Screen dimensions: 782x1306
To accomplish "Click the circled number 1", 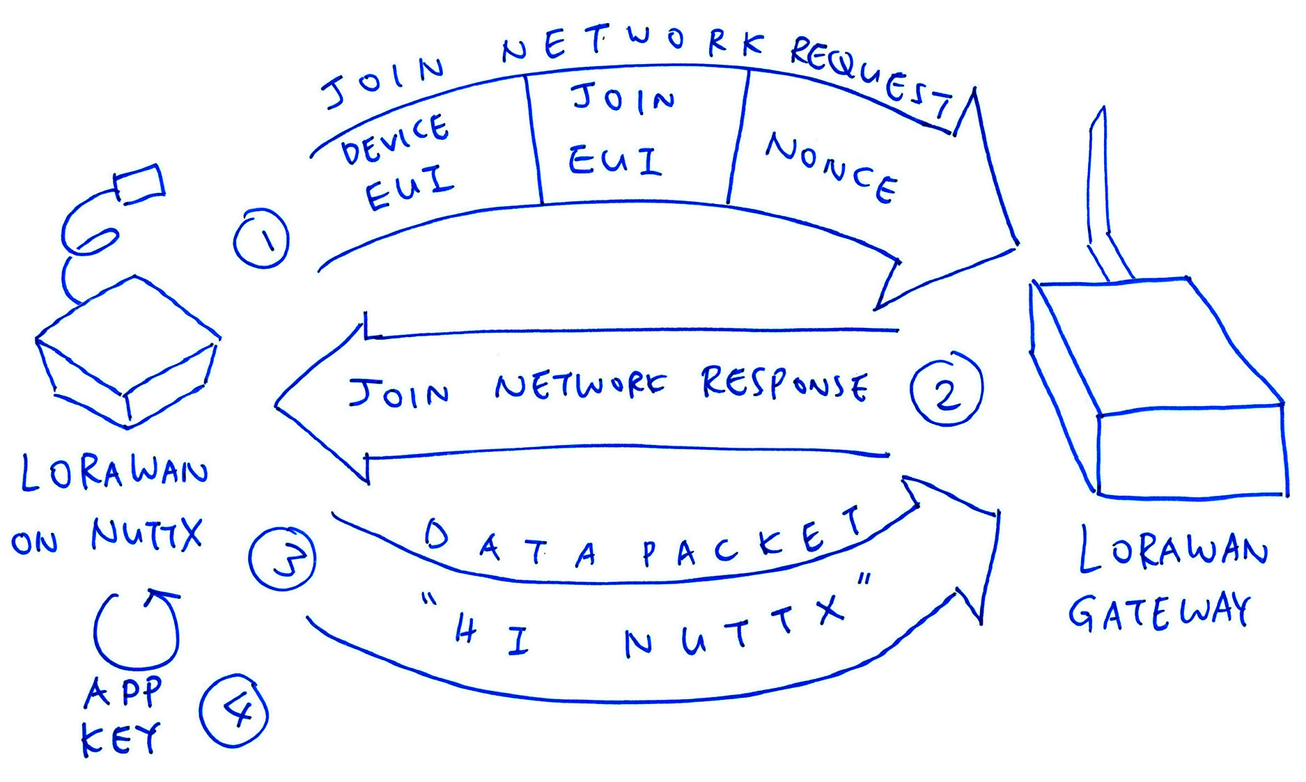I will pos(261,239).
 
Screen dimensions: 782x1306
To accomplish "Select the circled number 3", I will pos(282,559).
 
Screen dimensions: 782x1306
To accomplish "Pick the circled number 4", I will pos(234,711).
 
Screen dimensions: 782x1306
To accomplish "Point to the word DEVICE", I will pos(395,139).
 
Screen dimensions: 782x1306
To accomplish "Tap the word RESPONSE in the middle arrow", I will pos(784,385).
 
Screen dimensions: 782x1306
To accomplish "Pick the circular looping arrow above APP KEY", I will pos(137,629).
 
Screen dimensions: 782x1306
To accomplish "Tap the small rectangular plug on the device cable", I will pos(140,183).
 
